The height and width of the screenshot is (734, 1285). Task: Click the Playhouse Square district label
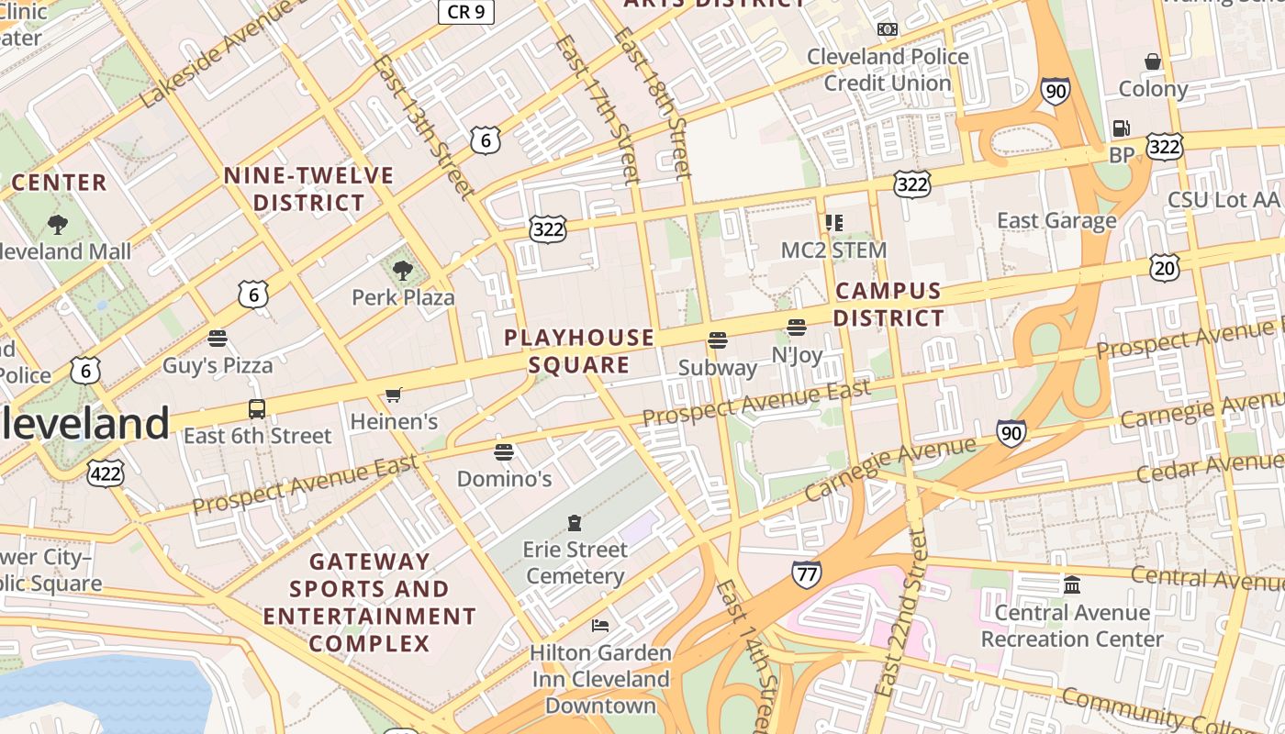tap(579, 351)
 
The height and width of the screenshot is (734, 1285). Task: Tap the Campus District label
tap(888, 305)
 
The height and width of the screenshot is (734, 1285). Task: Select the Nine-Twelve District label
tap(308, 188)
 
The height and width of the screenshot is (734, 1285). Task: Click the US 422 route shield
tap(106, 473)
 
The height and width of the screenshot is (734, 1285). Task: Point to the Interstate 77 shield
tap(806, 574)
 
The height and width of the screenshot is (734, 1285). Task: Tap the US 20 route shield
tap(1164, 268)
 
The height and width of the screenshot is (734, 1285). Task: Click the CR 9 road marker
tap(466, 11)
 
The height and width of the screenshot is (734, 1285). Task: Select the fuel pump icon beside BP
tap(1121, 128)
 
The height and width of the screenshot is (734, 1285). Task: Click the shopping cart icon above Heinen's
tap(394, 395)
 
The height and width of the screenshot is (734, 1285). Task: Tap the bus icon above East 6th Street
tap(257, 409)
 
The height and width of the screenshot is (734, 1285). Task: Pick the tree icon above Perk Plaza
tap(402, 270)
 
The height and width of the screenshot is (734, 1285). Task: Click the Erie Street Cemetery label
tap(575, 562)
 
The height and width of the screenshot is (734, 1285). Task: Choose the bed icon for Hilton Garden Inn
tap(600, 626)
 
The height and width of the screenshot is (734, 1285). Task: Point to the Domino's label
tap(504, 478)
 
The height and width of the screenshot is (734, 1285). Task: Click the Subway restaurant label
tap(718, 368)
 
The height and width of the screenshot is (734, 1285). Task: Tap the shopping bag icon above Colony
tap(1153, 61)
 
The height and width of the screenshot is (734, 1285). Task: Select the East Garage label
tap(1056, 220)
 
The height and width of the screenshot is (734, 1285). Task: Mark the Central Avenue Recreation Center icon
tap(1072, 584)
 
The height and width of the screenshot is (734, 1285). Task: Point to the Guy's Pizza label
tap(218, 365)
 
